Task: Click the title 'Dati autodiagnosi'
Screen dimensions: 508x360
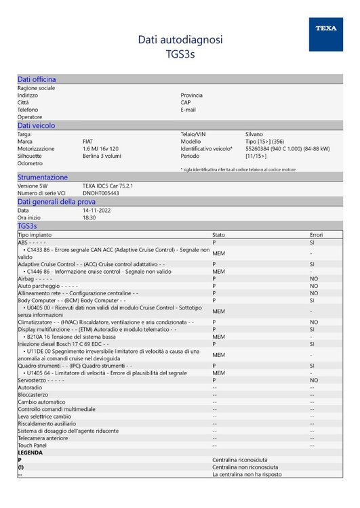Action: coord(180,40)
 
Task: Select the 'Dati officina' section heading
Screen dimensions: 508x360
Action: coord(37,79)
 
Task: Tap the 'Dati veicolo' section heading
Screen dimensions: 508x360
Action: coord(36,125)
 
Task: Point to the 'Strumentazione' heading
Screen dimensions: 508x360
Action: coord(43,177)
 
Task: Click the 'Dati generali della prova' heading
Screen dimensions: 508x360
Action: coord(56,201)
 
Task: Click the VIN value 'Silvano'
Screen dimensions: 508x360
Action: coord(254,134)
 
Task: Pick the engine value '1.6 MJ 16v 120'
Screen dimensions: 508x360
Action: coord(100,148)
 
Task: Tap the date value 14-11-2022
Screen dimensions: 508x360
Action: coord(96,210)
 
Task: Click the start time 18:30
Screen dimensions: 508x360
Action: coord(89,217)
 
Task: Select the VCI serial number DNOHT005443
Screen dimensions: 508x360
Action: coord(100,193)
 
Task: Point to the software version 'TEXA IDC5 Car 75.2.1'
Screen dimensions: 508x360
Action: coord(108,186)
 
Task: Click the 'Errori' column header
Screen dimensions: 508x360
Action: coord(317,234)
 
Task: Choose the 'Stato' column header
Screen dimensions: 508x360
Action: coord(218,234)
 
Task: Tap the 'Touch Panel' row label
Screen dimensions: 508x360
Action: coord(32,446)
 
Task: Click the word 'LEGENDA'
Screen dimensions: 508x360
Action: coord(31,452)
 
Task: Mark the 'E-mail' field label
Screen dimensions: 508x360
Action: coord(188,110)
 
